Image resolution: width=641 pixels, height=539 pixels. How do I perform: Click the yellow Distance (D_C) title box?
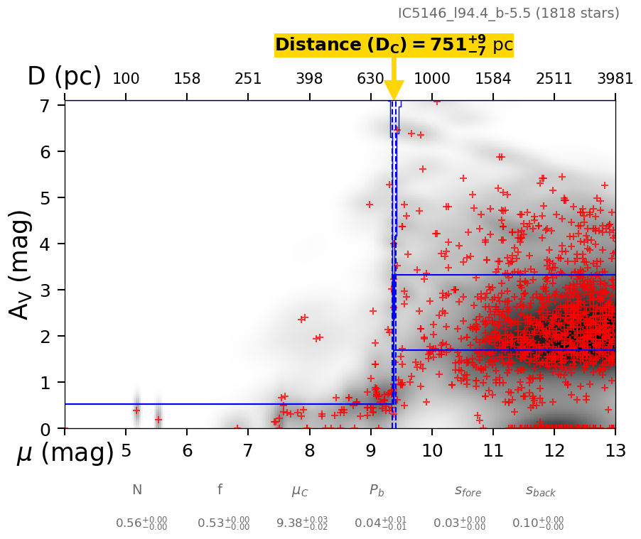[394, 45]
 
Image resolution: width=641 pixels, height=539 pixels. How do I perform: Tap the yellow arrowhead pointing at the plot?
[394, 91]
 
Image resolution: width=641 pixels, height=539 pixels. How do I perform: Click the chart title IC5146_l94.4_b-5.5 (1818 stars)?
[508, 13]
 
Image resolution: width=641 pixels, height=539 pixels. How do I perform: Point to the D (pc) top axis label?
[64, 77]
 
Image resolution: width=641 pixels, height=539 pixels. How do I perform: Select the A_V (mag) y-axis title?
[21, 264]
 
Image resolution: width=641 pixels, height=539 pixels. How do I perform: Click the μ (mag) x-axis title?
[65, 452]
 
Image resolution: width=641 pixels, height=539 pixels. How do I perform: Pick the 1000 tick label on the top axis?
[432, 79]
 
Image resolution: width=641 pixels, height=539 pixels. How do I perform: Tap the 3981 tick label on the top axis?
[615, 79]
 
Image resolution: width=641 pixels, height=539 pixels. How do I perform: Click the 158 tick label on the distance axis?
[187, 79]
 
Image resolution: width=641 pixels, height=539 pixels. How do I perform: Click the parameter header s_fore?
[468, 491]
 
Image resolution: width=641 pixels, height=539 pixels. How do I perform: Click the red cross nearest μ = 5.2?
[136, 410]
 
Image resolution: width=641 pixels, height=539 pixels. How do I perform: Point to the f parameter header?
[220, 489]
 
